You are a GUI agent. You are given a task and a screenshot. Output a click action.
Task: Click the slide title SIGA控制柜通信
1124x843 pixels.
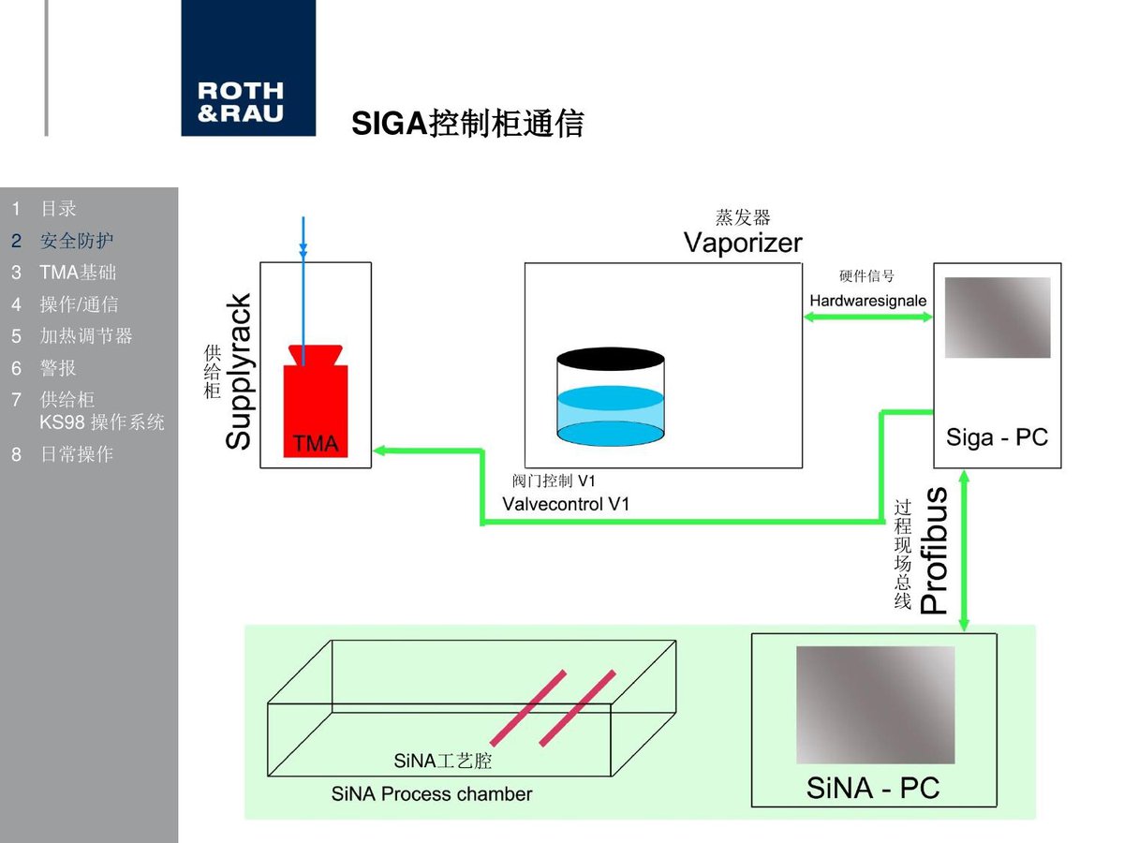tap(467, 124)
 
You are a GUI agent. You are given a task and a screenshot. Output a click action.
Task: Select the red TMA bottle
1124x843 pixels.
tap(316, 401)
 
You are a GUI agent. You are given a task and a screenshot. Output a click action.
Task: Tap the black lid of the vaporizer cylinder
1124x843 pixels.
tap(611, 359)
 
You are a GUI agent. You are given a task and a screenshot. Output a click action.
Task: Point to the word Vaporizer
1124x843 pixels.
tap(743, 243)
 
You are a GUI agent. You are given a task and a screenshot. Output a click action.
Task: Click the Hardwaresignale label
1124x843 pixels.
tap(868, 301)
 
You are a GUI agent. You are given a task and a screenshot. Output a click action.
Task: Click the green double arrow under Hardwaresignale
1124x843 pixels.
tap(868, 317)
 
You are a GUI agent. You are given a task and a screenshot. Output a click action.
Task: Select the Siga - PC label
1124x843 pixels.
tap(997, 437)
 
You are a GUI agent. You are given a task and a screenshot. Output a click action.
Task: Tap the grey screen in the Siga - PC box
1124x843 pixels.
tap(998, 318)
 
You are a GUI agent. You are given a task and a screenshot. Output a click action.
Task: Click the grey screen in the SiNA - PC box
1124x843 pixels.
tap(876, 704)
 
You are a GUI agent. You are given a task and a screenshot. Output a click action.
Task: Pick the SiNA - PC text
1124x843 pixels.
tap(873, 788)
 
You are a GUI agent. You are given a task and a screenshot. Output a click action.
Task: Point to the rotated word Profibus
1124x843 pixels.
tap(934, 550)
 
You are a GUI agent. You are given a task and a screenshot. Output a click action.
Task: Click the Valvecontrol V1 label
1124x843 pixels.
tap(566, 504)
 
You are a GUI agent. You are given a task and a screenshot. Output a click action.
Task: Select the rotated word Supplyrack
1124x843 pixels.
tap(238, 372)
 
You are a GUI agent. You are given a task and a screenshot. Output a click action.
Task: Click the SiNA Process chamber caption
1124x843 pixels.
tap(432, 794)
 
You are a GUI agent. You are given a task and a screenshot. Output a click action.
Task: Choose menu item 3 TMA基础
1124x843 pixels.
tap(64, 273)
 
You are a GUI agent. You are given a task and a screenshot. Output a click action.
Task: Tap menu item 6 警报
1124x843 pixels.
tap(43, 368)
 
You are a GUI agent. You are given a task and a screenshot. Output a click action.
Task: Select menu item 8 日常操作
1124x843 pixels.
tap(62, 454)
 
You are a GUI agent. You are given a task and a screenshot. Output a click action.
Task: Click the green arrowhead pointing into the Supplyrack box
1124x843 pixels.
tap(379, 451)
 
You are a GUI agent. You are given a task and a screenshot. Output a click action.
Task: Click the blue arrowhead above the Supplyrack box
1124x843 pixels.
tap(303, 251)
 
